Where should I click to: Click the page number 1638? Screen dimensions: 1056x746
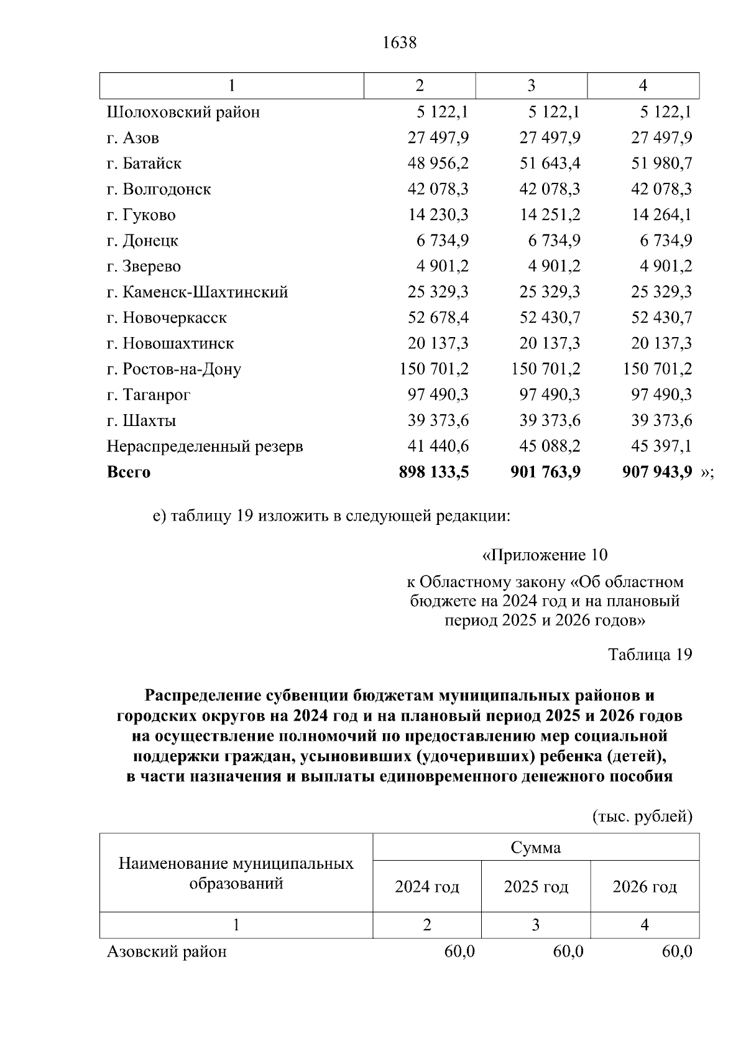coord(398,43)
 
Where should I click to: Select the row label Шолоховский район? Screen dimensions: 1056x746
coord(183,113)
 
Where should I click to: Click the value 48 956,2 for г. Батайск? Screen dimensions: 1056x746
coord(438,164)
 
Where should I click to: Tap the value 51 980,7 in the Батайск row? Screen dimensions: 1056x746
coord(661,164)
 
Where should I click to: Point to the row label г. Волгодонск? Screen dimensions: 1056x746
coord(159,189)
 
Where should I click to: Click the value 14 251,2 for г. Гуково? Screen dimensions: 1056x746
coord(550,215)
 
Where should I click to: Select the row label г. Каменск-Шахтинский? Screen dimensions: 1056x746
coord(197,292)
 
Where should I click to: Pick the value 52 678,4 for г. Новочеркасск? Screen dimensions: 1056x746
coord(438,318)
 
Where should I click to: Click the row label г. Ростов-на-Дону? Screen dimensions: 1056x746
coord(173,369)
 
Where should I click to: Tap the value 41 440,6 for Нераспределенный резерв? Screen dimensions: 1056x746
coord(438,447)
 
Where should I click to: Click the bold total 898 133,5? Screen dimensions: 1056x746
coord(434,472)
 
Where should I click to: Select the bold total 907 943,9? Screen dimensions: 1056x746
coord(657,472)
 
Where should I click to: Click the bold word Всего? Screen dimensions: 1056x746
coord(129,472)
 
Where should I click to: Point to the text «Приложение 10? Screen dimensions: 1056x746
coord(545,555)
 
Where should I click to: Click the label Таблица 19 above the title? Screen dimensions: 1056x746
coord(650,654)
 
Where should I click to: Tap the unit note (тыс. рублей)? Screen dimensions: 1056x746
coord(642,816)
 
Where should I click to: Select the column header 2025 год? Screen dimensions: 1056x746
coord(536,887)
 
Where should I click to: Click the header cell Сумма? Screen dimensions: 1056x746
coord(536,848)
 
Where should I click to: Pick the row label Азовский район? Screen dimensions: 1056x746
coord(167,952)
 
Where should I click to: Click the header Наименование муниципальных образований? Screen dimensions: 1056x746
coord(236,873)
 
